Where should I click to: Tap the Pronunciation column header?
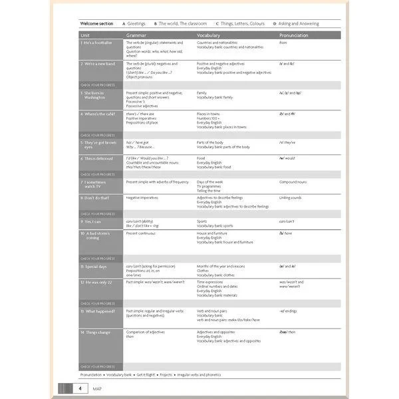294,34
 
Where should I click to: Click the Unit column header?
85,34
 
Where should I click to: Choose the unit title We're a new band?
100,64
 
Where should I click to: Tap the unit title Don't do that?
98,198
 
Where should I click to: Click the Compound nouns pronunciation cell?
293,182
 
